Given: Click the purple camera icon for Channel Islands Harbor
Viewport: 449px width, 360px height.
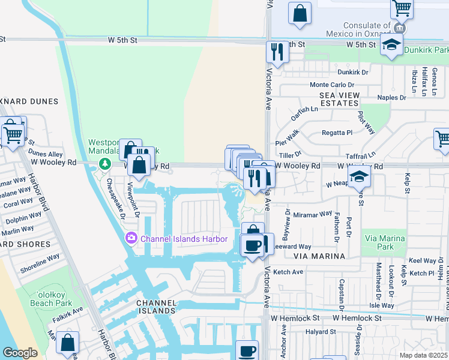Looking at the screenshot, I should [x=131, y=239].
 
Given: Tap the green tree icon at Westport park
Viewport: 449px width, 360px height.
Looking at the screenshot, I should [x=105, y=163].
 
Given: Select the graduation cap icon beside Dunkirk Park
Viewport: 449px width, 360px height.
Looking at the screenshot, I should [x=392, y=45].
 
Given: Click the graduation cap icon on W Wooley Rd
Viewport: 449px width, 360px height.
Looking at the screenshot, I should [x=359, y=176].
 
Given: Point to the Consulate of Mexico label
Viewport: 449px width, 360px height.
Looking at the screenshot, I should [x=366, y=29].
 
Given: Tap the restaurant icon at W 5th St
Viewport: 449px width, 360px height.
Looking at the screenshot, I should [x=277, y=52].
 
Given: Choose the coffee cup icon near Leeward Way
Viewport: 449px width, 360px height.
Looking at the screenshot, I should [x=252, y=245].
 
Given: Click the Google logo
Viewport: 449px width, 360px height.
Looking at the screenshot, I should [x=20, y=352].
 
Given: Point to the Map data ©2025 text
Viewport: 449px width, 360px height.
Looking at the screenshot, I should [x=423, y=355].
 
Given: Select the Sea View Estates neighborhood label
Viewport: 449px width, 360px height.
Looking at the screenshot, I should [x=339, y=99].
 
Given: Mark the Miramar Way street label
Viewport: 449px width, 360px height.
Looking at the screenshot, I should [x=313, y=214].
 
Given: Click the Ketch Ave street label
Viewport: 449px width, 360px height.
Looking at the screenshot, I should [x=288, y=272].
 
